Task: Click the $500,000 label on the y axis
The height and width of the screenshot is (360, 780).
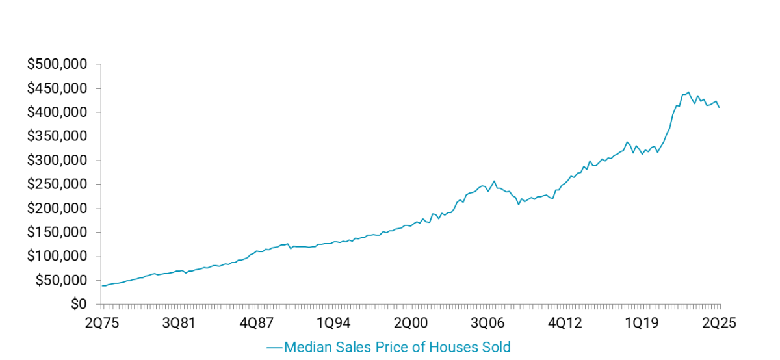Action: (57, 64)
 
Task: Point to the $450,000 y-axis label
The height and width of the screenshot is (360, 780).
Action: (57, 88)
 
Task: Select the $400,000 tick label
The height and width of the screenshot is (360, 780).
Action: (57, 112)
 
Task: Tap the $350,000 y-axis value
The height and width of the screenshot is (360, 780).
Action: (57, 136)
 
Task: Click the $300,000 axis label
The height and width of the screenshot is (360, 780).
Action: (57, 161)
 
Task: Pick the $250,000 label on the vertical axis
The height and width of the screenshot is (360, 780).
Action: (57, 185)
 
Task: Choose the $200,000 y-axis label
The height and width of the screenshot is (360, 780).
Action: (57, 209)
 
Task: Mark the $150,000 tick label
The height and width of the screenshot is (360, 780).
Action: (57, 233)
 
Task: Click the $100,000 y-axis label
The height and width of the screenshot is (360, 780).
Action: (57, 257)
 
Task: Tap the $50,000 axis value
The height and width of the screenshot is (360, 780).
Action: (61, 281)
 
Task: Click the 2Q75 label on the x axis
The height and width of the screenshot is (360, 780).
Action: (101, 323)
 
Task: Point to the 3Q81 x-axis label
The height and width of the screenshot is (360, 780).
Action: (179, 323)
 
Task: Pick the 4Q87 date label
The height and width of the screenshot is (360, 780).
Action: (256, 323)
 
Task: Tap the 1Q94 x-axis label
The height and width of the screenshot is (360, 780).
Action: (333, 323)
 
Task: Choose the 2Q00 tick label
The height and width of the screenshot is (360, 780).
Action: (411, 323)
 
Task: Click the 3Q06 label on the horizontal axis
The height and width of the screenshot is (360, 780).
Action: (488, 323)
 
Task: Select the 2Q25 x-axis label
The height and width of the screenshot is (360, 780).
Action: (719, 323)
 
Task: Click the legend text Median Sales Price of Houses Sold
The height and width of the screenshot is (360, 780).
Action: (397, 347)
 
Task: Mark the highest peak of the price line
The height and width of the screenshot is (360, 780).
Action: (688, 92)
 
